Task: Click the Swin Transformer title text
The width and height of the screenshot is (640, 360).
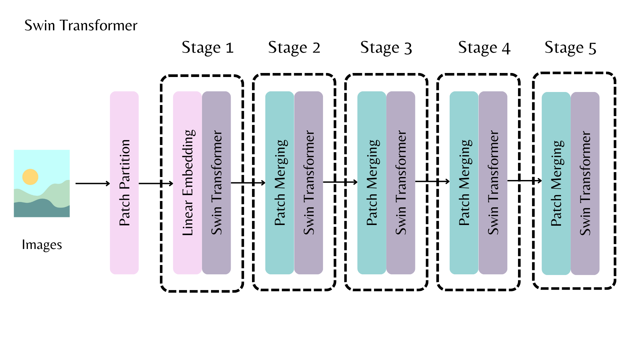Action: (81, 26)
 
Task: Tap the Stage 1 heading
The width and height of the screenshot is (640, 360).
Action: (207, 48)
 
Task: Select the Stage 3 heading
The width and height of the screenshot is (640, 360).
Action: (386, 48)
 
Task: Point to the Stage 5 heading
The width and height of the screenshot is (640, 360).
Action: (570, 48)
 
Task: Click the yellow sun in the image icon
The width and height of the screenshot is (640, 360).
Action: (30, 177)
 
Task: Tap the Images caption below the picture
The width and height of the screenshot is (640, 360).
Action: (42, 245)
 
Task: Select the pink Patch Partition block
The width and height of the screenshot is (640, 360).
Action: (124, 183)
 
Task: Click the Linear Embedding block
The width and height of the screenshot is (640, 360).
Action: (187, 183)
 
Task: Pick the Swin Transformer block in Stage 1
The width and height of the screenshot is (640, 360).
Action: (216, 183)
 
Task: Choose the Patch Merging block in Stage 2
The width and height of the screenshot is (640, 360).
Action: (280, 183)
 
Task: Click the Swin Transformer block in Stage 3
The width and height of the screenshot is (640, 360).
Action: (401, 183)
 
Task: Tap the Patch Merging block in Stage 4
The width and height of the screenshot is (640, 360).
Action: (464, 183)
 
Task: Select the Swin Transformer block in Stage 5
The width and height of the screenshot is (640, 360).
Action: (585, 183)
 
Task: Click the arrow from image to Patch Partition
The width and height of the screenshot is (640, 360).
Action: (92, 183)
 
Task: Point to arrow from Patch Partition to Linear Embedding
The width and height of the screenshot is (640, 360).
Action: (156, 183)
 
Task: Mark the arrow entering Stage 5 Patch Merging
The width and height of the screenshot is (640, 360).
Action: (524, 181)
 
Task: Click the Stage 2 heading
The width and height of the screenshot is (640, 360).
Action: (294, 48)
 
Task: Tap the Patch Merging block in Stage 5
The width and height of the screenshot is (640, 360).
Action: (556, 183)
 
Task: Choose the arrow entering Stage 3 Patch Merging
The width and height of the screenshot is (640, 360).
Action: (340, 182)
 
